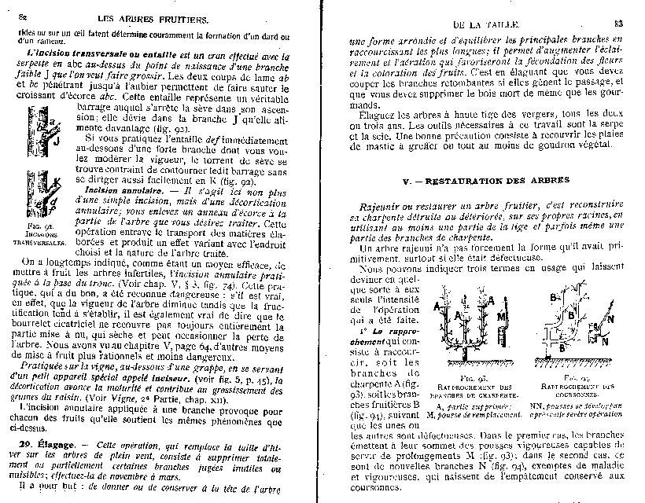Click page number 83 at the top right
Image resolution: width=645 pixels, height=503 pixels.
[x=617, y=25]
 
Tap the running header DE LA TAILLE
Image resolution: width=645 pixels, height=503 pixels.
[x=482, y=26]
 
